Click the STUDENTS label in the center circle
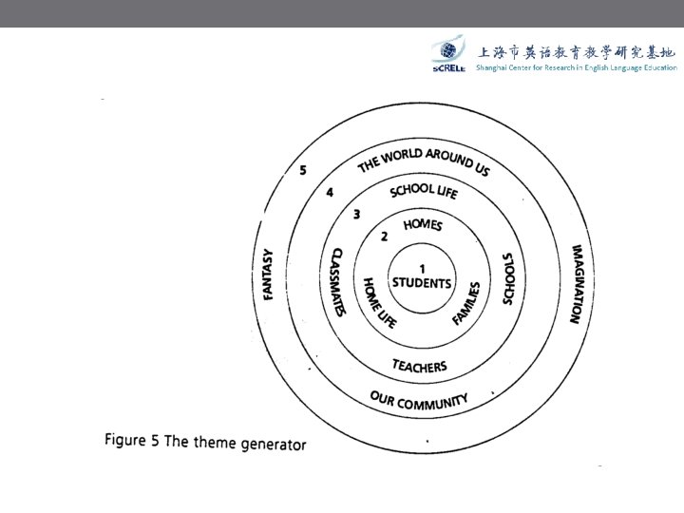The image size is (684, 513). [x=423, y=283]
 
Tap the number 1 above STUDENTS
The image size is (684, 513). [x=422, y=269]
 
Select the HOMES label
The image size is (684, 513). [x=423, y=224]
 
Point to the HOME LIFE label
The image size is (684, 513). [x=380, y=302]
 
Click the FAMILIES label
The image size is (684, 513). [x=466, y=303]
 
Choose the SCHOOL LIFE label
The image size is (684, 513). [x=424, y=190]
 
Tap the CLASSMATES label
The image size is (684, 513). [x=336, y=282]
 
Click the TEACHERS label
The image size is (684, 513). [x=419, y=366]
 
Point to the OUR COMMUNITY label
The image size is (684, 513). [x=419, y=401]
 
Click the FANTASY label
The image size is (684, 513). [x=269, y=275]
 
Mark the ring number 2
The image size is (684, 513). [x=384, y=237]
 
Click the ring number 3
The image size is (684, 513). [x=356, y=214]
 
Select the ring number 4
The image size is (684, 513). [x=330, y=192]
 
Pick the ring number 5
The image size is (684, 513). [x=302, y=170]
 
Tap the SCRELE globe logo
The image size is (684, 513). [x=447, y=54]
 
